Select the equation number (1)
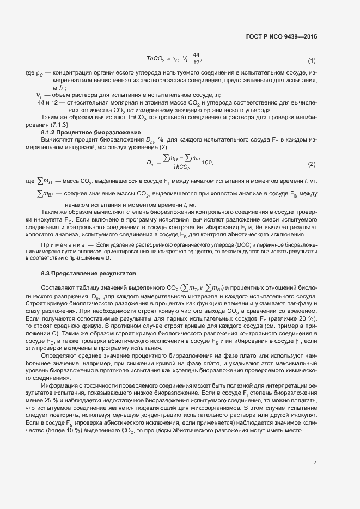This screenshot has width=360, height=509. click(x=312, y=60)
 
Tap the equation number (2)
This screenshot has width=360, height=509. click(x=312, y=164)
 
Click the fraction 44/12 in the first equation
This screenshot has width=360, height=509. click(x=197, y=58)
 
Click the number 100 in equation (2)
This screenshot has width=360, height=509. click(x=206, y=163)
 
